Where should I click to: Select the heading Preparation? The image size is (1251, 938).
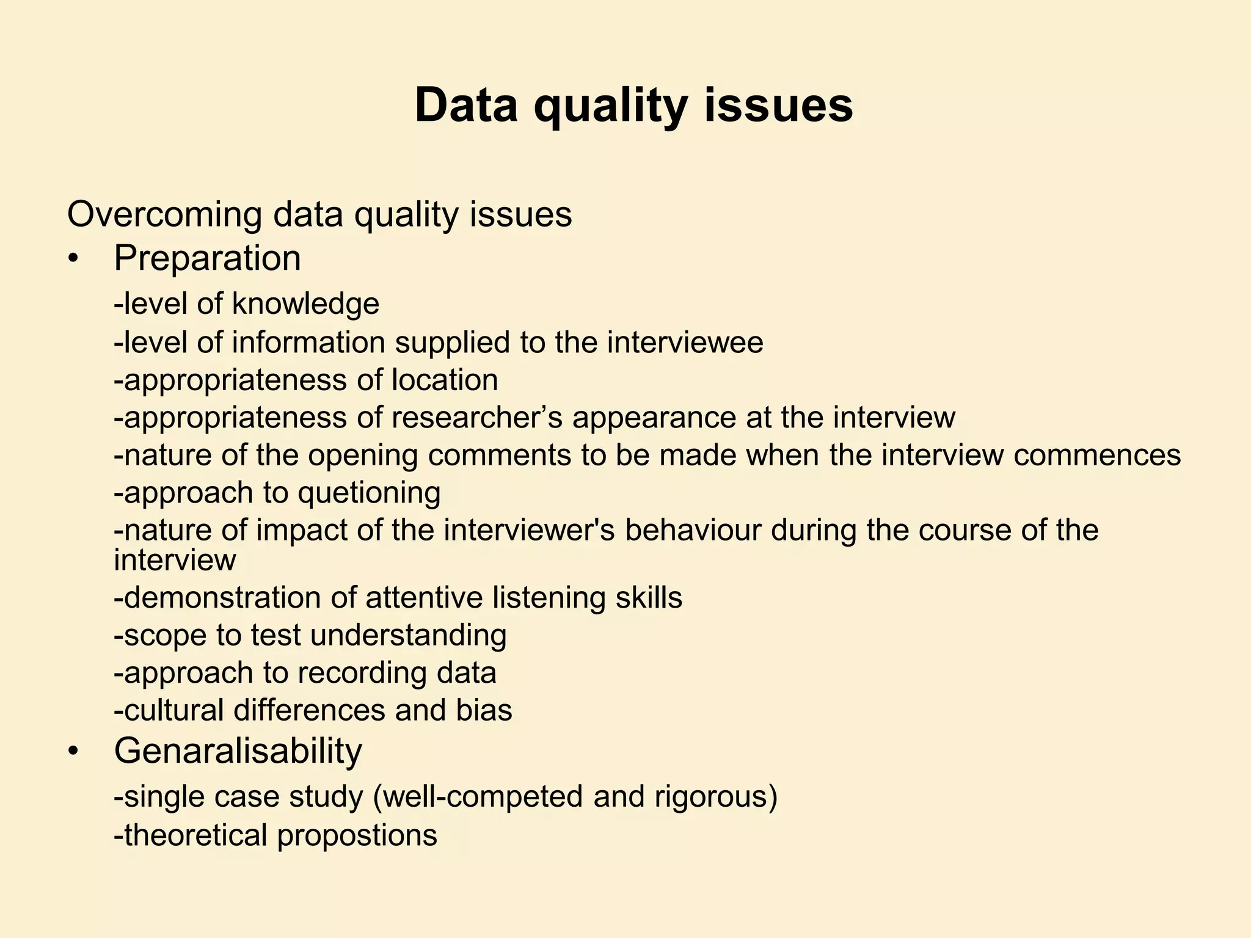[x=207, y=258]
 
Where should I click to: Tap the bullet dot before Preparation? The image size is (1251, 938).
[x=74, y=260]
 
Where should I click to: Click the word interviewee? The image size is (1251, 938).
[x=685, y=342]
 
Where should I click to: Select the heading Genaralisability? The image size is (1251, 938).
[x=238, y=751]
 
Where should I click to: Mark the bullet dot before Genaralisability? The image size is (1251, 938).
[x=74, y=752]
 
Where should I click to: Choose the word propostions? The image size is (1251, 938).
[x=357, y=835]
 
